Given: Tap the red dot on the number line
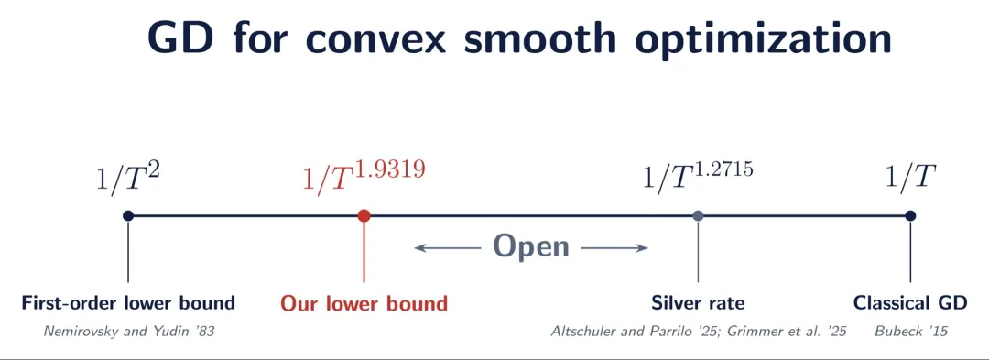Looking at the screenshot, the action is pos(364,215).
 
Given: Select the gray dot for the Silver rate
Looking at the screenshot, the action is pos(698,215).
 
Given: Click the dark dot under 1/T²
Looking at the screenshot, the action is pos(128,215).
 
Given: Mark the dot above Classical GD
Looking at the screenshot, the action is pos(909,215).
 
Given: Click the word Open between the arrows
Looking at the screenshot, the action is pos(531,246).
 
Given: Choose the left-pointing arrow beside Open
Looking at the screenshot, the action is pos(448,247).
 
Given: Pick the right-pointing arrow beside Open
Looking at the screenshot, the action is pos(614,247).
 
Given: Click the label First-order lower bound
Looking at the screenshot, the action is pos(128,302).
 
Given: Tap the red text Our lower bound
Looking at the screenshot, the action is pos(364,302).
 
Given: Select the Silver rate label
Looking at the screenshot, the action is pos(698,302).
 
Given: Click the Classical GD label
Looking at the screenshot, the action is pos(909,302).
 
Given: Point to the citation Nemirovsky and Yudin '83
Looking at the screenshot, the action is pos(129,331).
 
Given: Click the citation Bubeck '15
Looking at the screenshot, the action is pos(911,331).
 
